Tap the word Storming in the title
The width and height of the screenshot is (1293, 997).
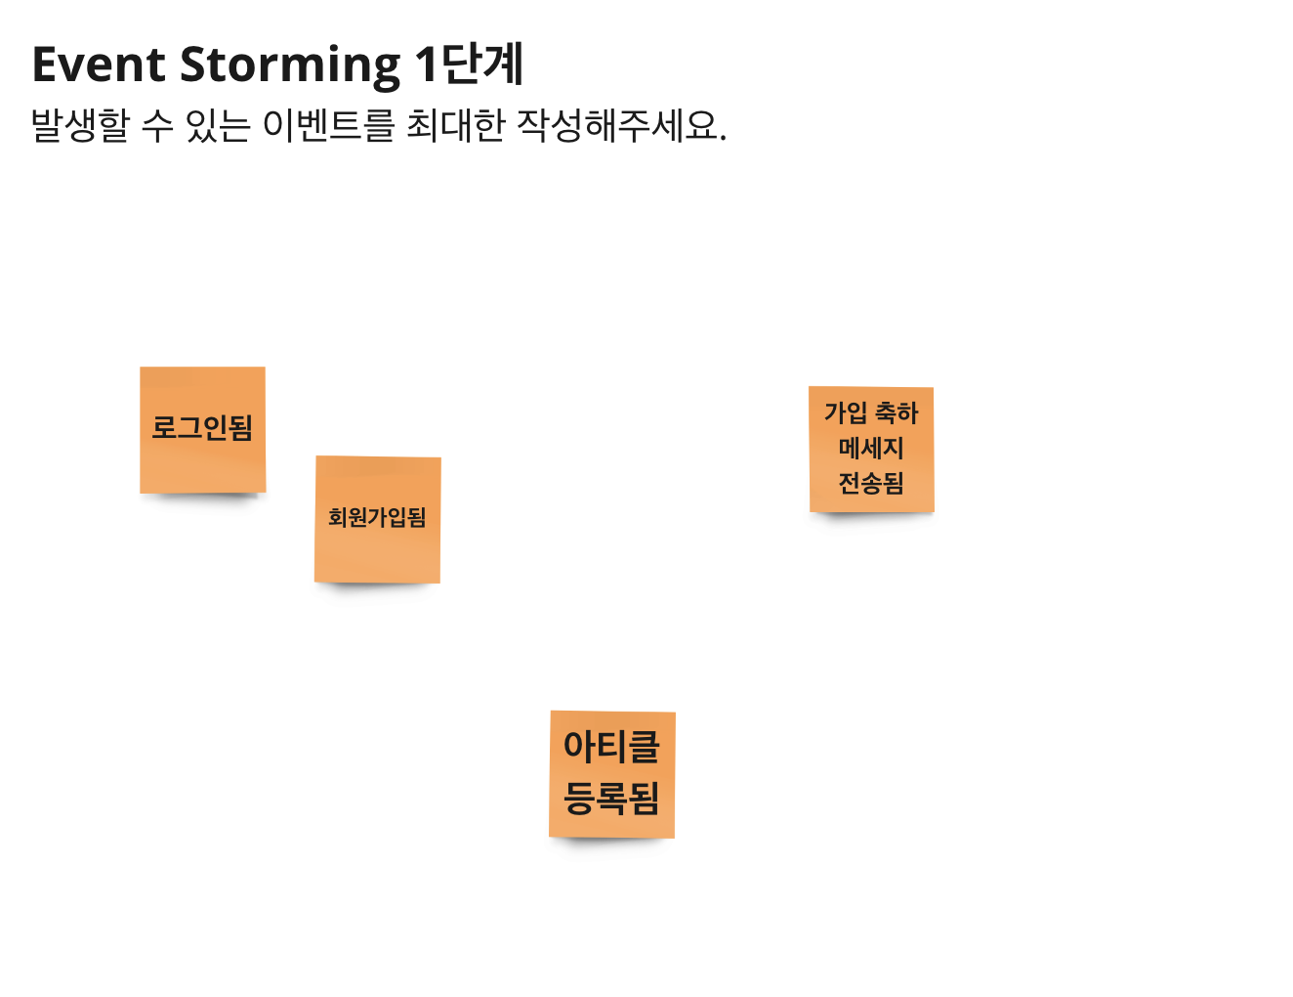pos(290,66)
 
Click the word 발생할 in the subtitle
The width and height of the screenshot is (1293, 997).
pos(80,126)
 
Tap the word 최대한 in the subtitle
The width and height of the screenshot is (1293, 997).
pos(455,126)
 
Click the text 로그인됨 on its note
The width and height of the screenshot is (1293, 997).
pos(202,427)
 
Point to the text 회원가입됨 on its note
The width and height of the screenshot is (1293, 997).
pos(377,517)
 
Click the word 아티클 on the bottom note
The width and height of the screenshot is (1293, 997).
pos(611,748)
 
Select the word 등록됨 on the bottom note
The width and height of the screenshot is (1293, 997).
pos(611,798)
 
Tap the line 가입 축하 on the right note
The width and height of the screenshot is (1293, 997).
pos(871,413)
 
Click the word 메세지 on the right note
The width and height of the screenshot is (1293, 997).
pos(871,449)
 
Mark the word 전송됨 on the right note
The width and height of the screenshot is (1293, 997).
pos(871,483)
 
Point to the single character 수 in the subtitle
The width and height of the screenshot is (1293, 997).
pos(157,126)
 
